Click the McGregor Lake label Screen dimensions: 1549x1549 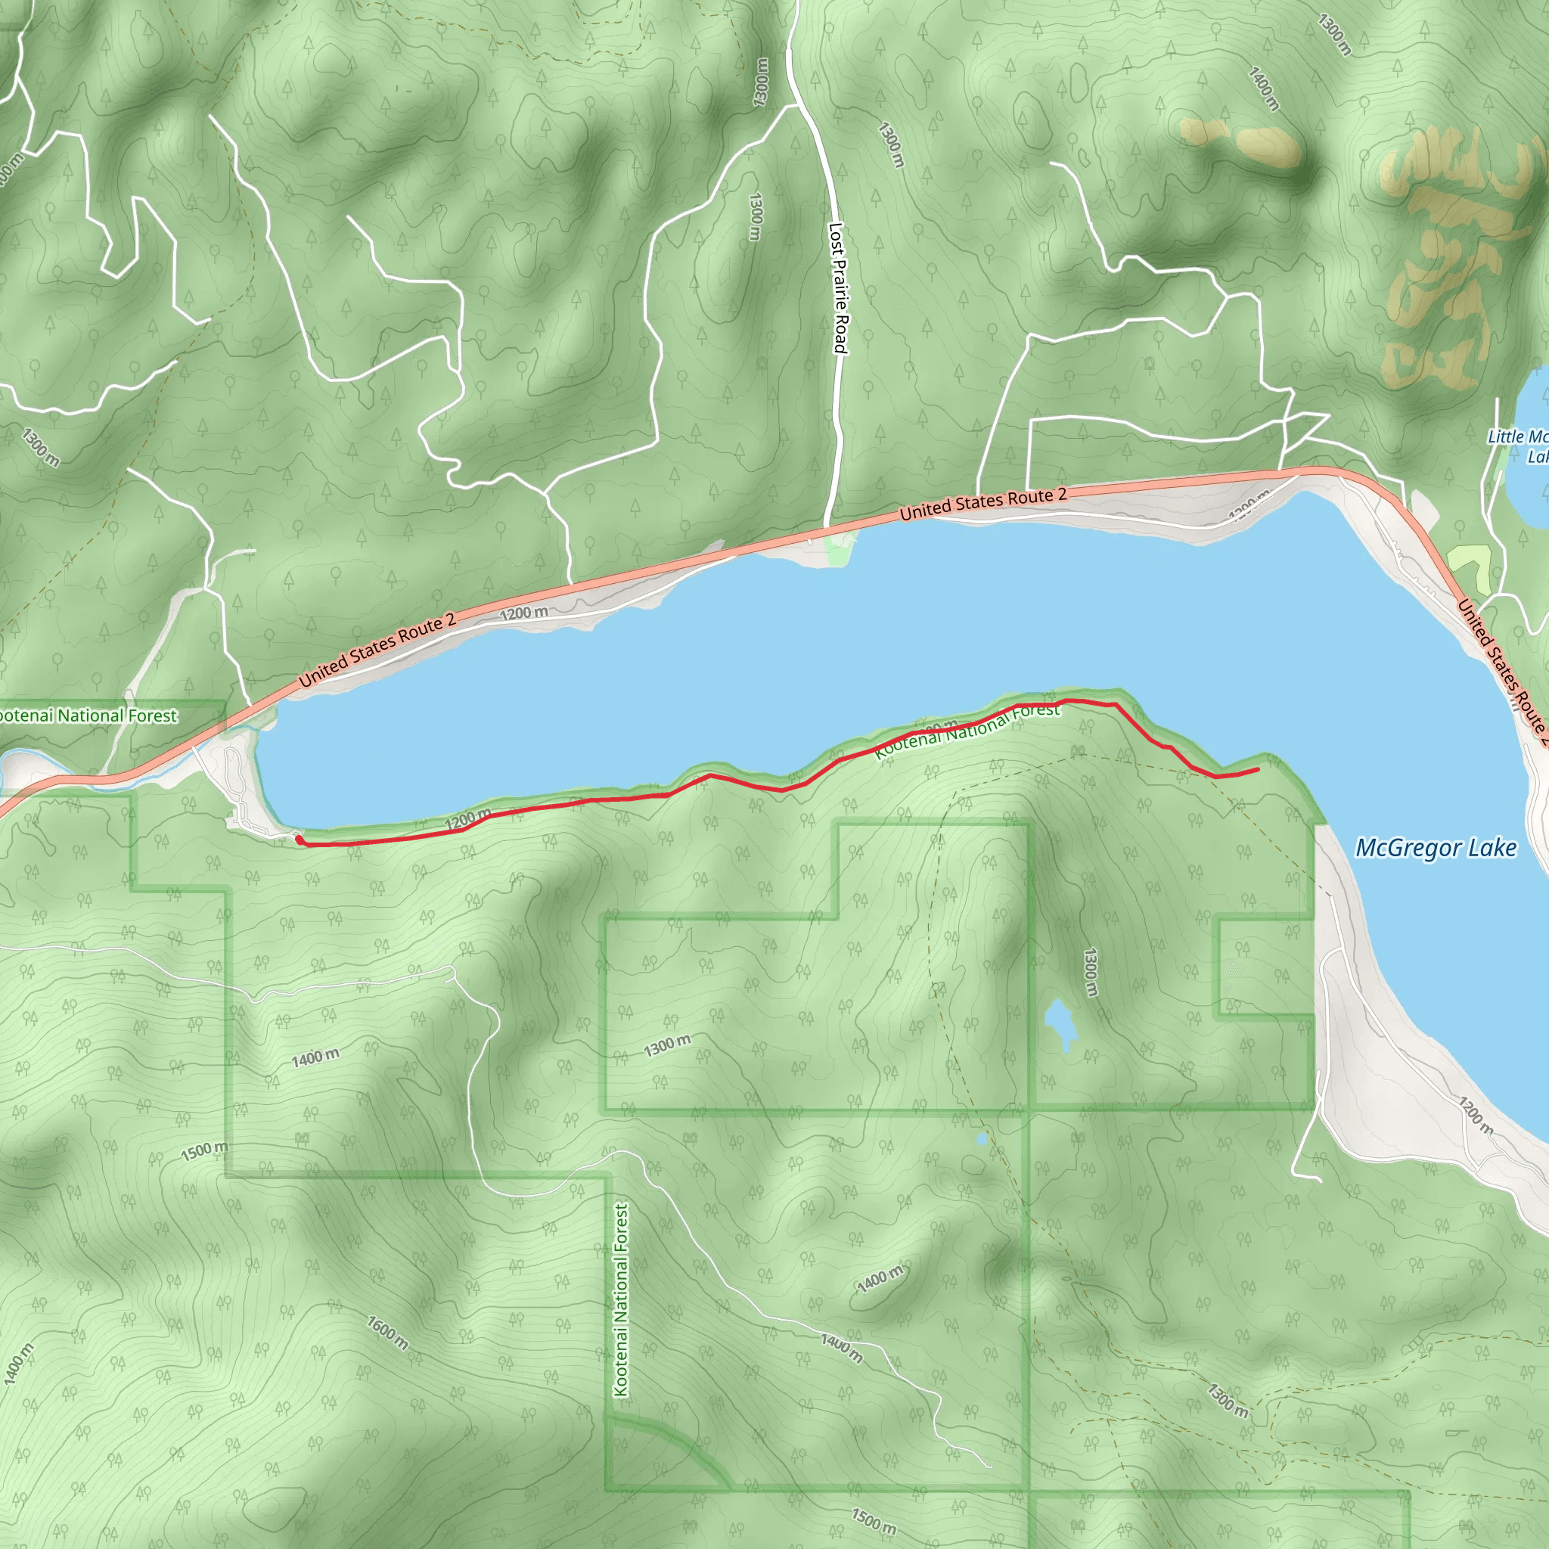point(1435,849)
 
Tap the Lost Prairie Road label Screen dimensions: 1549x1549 point(838,289)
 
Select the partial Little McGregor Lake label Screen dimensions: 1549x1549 point(1520,445)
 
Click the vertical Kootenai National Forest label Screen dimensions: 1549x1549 point(622,1299)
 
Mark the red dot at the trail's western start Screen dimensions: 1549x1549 point(298,839)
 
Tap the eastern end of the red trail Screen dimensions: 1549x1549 point(1256,770)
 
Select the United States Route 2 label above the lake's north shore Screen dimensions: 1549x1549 point(983,504)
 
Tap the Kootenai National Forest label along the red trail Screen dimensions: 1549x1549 point(966,731)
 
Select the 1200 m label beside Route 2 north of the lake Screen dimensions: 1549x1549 point(523,613)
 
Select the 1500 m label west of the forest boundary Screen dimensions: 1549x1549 point(203,1151)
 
